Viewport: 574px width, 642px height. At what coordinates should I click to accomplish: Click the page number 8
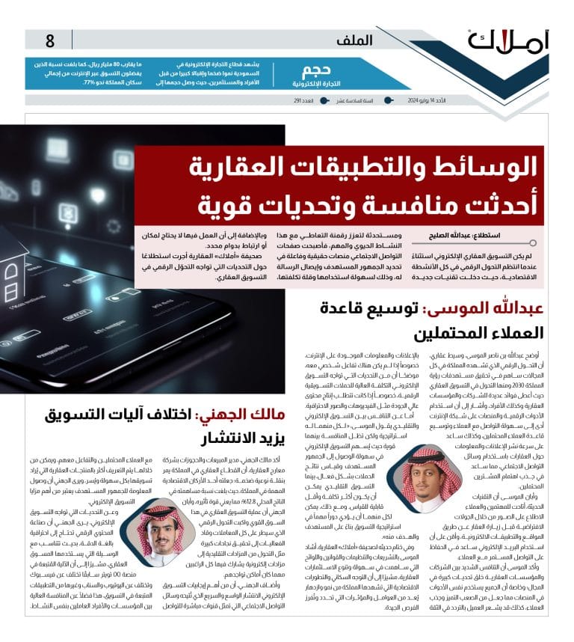point(50,40)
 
